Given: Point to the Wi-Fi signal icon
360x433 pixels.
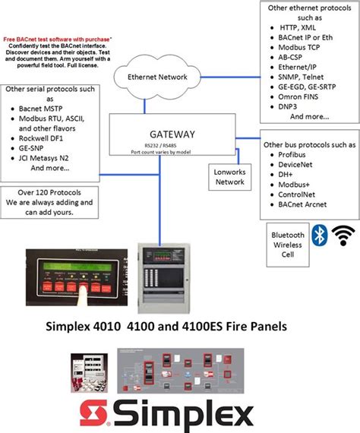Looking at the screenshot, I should pyautogui.click(x=347, y=235).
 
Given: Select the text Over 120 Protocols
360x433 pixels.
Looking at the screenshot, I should pyautogui.click(x=48, y=193).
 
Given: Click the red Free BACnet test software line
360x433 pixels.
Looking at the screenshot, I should pyautogui.click(x=57, y=37).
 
